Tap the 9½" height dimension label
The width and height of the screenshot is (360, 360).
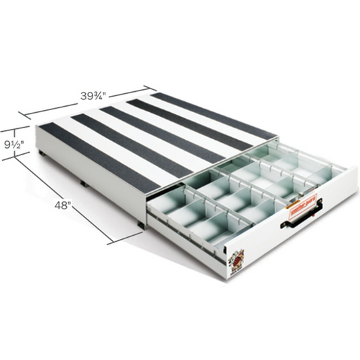coord(14,144)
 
